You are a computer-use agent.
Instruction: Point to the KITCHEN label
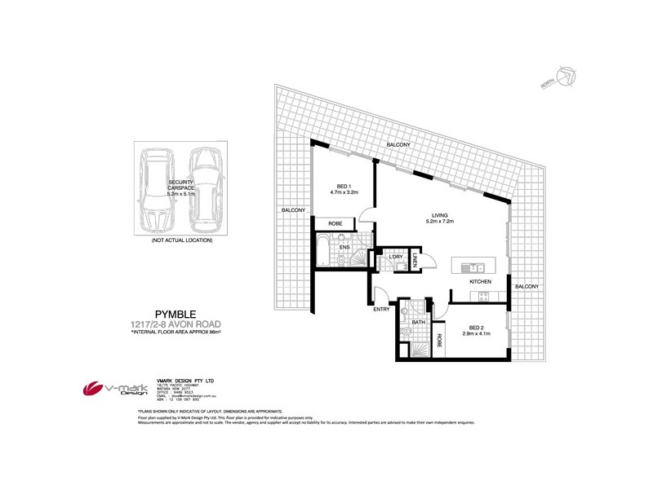coord(479,282)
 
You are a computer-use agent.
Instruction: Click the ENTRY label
coord(381,309)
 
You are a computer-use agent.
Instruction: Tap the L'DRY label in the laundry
coord(397,258)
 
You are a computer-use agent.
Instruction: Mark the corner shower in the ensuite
coord(358,260)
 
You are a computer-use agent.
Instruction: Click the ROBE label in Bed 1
coord(335,223)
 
